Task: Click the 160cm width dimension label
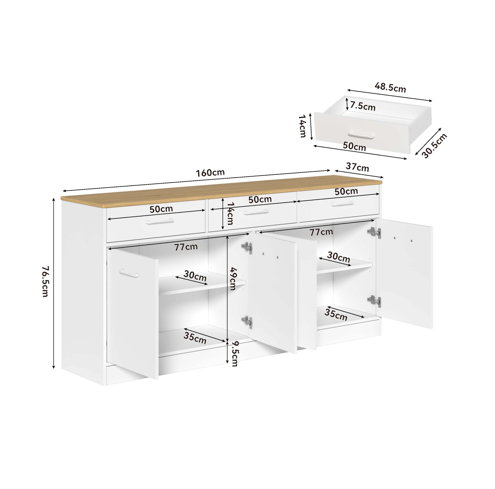coord(210,173)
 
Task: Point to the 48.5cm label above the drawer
coord(390,88)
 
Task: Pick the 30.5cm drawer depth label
coord(434,146)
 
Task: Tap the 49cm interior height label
coord(232,279)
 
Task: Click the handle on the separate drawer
coord(361,135)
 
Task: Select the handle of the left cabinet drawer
coord(159,222)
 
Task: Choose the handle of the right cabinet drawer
coord(342,203)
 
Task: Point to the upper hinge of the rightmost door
coord(374,232)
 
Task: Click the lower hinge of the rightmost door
coord(374,301)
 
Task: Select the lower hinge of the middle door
coord(247,322)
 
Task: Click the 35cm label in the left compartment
coord(195,338)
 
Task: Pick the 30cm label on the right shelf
coord(338,257)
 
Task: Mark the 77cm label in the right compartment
coord(321,232)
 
